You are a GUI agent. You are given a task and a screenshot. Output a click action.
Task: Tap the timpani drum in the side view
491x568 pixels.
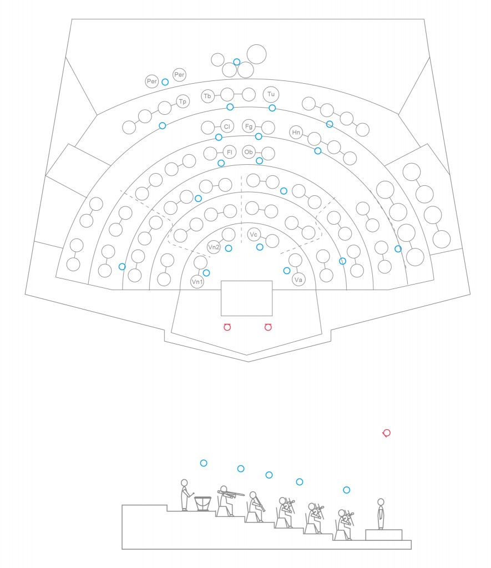coord(203,504)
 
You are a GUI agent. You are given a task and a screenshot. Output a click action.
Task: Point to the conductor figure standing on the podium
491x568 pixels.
coord(381,514)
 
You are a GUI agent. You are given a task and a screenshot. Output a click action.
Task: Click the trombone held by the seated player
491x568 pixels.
coord(231,493)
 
